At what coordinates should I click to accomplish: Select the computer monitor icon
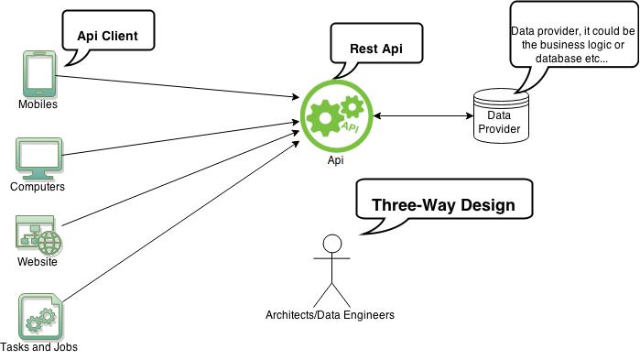[x=38, y=158]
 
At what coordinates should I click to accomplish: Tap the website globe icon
[x=38, y=235]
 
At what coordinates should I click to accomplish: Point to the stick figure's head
[x=331, y=244]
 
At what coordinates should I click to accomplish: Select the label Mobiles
[x=38, y=104]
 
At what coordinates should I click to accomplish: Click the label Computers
[x=38, y=187]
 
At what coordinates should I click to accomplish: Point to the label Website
[x=38, y=263]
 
